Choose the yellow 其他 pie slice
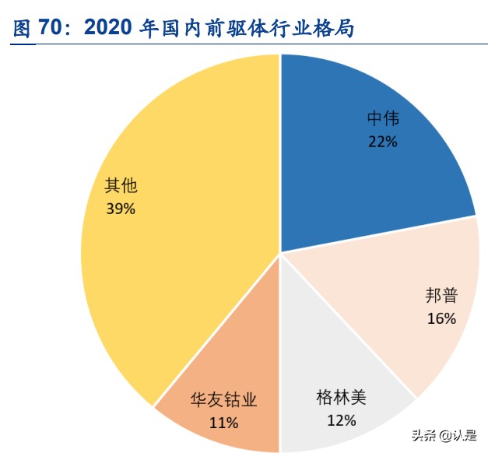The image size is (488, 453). click(x=171, y=218)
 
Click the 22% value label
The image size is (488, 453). click(x=382, y=142)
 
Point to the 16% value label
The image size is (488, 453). click(x=441, y=318)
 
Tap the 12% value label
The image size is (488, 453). click(x=341, y=420)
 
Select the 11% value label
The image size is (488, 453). click(x=223, y=423)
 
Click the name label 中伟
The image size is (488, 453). click(x=382, y=119)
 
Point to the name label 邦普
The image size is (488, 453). click(x=441, y=295)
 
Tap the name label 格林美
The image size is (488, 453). click(x=341, y=398)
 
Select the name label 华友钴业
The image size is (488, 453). click(x=223, y=400)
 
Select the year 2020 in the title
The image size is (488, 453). click(x=108, y=29)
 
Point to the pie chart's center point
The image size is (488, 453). click(x=279, y=253)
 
